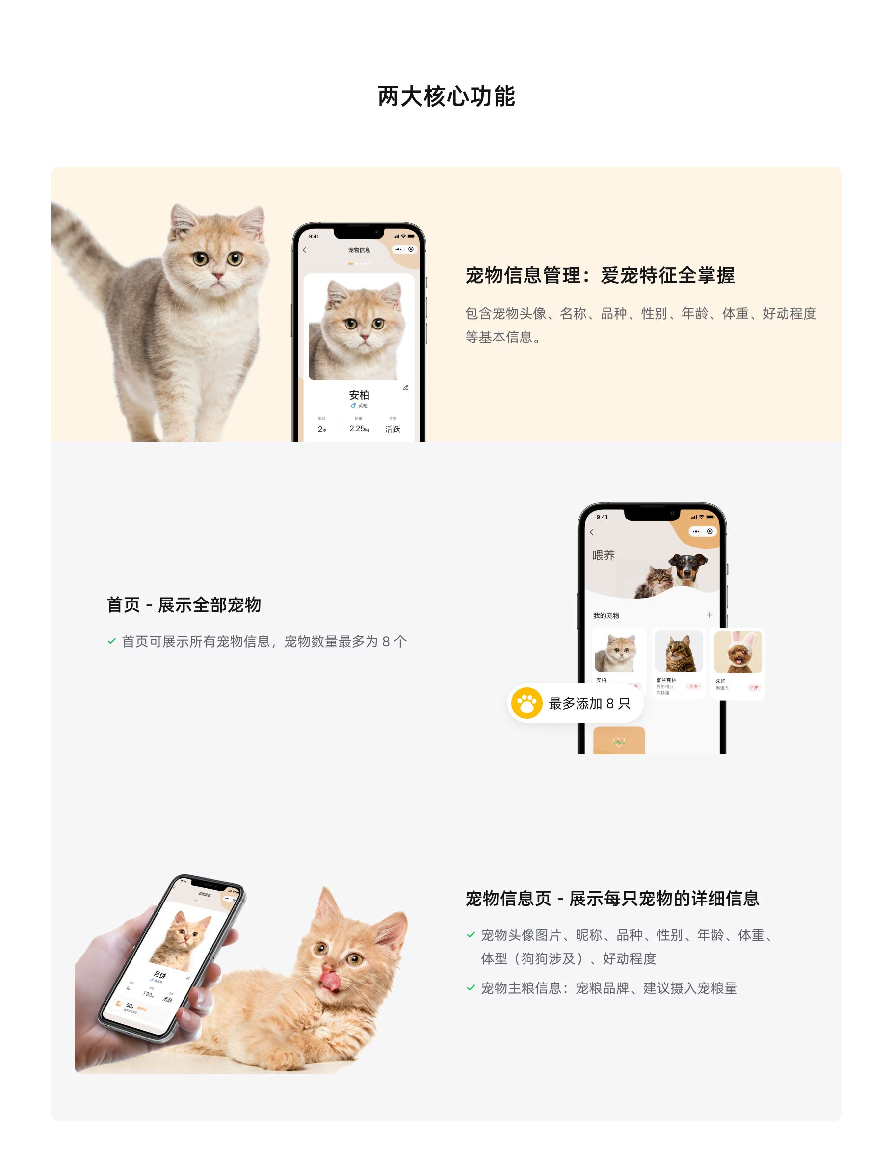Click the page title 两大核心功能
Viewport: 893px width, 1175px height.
pos(446,96)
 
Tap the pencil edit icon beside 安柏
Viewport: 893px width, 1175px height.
pos(406,388)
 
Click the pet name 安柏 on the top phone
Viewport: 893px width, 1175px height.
pos(359,395)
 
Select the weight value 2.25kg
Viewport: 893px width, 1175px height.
pos(359,429)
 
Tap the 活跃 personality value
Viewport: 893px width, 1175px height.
pos(393,429)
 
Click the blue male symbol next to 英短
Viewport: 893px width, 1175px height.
pos(353,405)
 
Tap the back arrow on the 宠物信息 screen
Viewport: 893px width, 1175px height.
pos(305,250)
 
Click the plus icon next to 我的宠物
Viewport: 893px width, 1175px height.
pos(709,615)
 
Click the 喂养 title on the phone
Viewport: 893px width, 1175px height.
pos(604,555)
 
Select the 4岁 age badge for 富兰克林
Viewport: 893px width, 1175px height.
pos(693,686)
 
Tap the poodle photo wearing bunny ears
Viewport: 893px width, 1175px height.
pos(738,653)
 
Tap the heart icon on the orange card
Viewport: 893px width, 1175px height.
pos(619,741)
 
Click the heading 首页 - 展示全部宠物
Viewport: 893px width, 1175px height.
pos(184,605)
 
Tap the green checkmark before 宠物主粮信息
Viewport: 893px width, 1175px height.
pos(471,988)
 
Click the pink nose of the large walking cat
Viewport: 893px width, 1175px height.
pos(217,275)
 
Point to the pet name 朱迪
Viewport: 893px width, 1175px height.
pos(720,681)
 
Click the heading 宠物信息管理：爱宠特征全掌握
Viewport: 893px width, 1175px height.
pos(600,275)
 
